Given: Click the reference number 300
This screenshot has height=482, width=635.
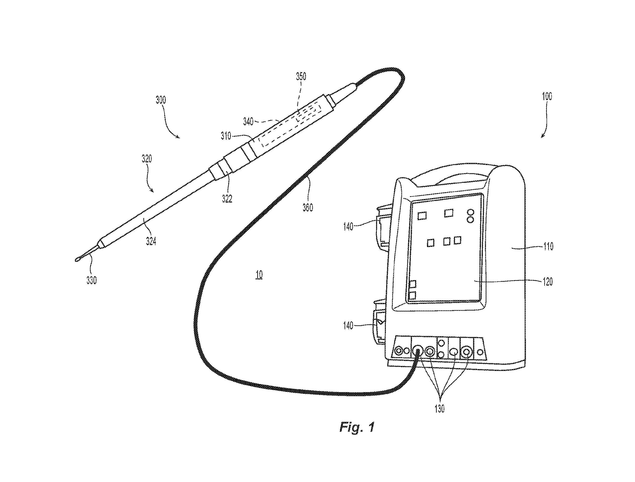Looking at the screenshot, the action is pos(161,100).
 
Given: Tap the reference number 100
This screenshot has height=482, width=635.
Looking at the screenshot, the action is pos(547,96).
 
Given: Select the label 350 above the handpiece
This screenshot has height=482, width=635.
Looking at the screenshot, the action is pos(301,76).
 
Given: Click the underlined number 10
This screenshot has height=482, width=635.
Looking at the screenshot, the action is pos(259,275).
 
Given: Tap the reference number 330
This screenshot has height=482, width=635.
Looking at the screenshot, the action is pos(92,280).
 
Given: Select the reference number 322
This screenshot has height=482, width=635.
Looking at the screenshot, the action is pos(227,199).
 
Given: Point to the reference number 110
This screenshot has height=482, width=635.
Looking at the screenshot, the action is pos(548,247).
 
